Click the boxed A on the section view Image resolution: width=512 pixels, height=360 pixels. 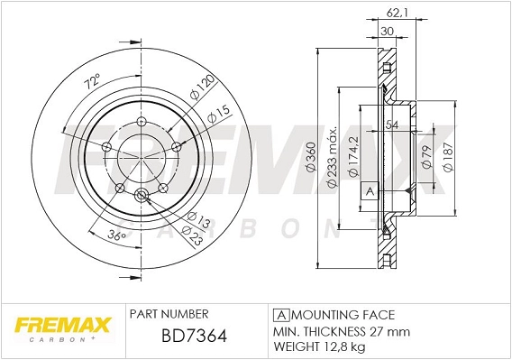tap(368, 191)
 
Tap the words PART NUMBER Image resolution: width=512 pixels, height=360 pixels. tap(169, 313)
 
